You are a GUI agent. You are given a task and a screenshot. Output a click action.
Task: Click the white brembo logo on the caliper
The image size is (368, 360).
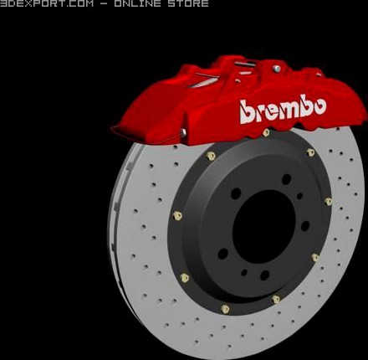coord(282,110)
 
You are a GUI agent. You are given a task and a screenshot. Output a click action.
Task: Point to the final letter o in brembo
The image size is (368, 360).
coord(317,106)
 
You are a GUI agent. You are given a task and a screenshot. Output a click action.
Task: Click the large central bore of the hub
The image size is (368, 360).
coord(263,224)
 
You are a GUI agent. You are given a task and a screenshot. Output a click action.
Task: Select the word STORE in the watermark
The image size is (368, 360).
coord(188,4)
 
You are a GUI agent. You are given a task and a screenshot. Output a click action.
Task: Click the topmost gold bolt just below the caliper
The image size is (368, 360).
coord(266,132)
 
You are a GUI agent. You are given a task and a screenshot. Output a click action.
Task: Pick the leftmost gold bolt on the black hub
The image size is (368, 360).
coord(177,215)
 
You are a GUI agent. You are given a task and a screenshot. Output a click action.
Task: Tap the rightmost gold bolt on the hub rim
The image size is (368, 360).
coord(328,201)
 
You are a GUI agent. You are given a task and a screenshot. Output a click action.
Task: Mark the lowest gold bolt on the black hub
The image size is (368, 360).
coord(225,308)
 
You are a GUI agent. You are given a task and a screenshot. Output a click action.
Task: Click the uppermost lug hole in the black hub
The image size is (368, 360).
coord(286,178)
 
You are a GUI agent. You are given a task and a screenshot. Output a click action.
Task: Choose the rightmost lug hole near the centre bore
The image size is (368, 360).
coord(304,225)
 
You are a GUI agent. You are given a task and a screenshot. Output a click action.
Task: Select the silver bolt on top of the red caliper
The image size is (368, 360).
coord(276,68)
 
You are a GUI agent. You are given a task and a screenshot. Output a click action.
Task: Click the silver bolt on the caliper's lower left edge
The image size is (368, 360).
coord(183,132)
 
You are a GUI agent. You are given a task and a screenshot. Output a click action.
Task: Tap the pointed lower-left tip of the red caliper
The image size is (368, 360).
coord(115,129)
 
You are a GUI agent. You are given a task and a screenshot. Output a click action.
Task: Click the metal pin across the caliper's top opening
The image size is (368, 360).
coord(243,64)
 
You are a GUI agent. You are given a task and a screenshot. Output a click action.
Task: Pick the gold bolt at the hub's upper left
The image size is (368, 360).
coord(211,156)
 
